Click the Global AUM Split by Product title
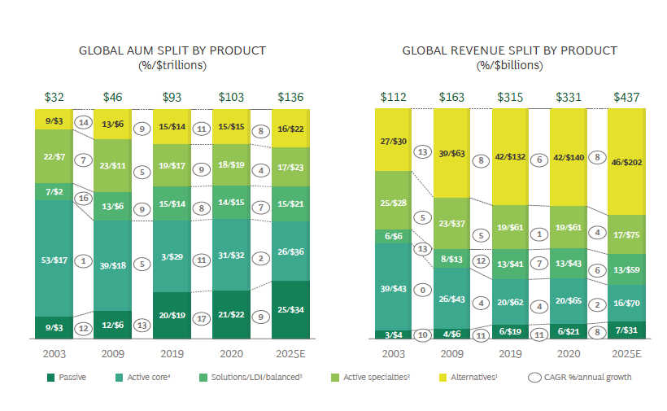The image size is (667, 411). click(x=172, y=50)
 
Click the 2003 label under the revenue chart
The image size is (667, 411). click(x=393, y=355)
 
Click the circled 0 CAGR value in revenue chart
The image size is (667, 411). click(x=422, y=290)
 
